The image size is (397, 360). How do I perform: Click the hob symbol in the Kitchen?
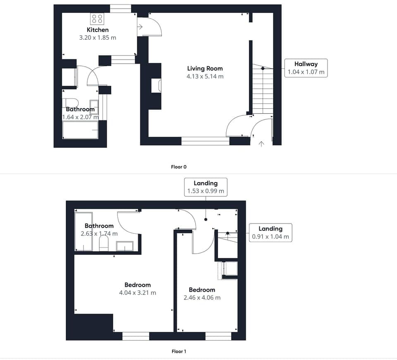click(97, 19)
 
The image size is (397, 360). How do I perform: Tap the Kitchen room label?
click(98, 30)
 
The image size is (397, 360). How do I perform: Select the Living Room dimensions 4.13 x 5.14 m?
click(205, 76)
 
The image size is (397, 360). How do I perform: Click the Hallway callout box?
click(306, 68)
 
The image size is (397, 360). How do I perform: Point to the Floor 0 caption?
click(179, 167)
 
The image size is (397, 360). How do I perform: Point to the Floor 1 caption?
click(179, 351)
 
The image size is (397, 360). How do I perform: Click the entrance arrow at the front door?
click(261, 144)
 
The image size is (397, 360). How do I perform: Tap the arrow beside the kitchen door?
click(140, 26)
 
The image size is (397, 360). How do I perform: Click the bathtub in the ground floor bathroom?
click(80, 130)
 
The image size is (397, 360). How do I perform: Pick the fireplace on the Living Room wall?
click(156, 86)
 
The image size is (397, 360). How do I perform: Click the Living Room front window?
click(206, 141)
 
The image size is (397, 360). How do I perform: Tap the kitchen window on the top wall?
click(120, 9)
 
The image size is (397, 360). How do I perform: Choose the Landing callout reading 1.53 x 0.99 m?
click(206, 187)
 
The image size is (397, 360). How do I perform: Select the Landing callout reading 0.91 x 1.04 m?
click(270, 233)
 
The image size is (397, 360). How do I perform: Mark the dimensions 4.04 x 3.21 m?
click(138, 293)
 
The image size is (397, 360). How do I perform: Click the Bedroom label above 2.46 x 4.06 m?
click(202, 290)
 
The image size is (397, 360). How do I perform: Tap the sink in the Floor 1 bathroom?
click(124, 246)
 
